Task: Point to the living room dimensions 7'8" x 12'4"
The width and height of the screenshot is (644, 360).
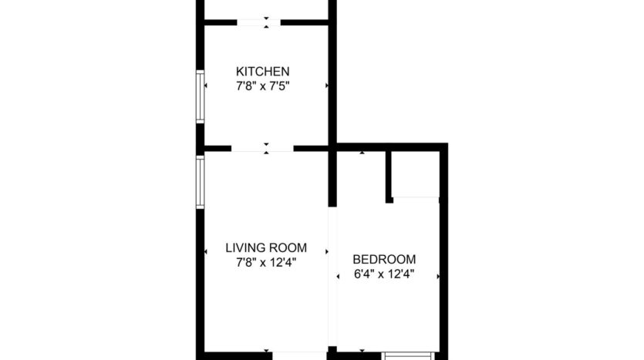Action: click(x=266, y=263)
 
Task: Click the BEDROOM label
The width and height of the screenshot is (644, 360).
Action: click(x=384, y=260)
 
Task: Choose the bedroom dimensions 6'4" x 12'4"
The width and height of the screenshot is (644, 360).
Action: click(x=384, y=274)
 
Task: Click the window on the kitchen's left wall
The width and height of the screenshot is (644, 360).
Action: click(x=200, y=96)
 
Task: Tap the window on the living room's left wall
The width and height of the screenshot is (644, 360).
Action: click(x=200, y=182)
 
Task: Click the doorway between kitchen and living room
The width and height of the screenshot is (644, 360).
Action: click(x=262, y=148)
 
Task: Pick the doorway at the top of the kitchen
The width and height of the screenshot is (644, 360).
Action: click(x=259, y=22)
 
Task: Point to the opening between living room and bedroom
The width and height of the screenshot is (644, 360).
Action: click(x=333, y=278)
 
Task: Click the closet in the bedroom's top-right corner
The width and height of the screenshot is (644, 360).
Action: click(x=416, y=174)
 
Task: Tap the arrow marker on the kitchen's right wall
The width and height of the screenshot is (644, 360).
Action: click(x=326, y=86)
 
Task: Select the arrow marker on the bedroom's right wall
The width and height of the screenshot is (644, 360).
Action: click(x=439, y=275)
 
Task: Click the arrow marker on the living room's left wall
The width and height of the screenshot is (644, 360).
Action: click(x=207, y=251)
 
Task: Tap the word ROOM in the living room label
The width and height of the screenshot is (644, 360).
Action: click(x=288, y=248)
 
